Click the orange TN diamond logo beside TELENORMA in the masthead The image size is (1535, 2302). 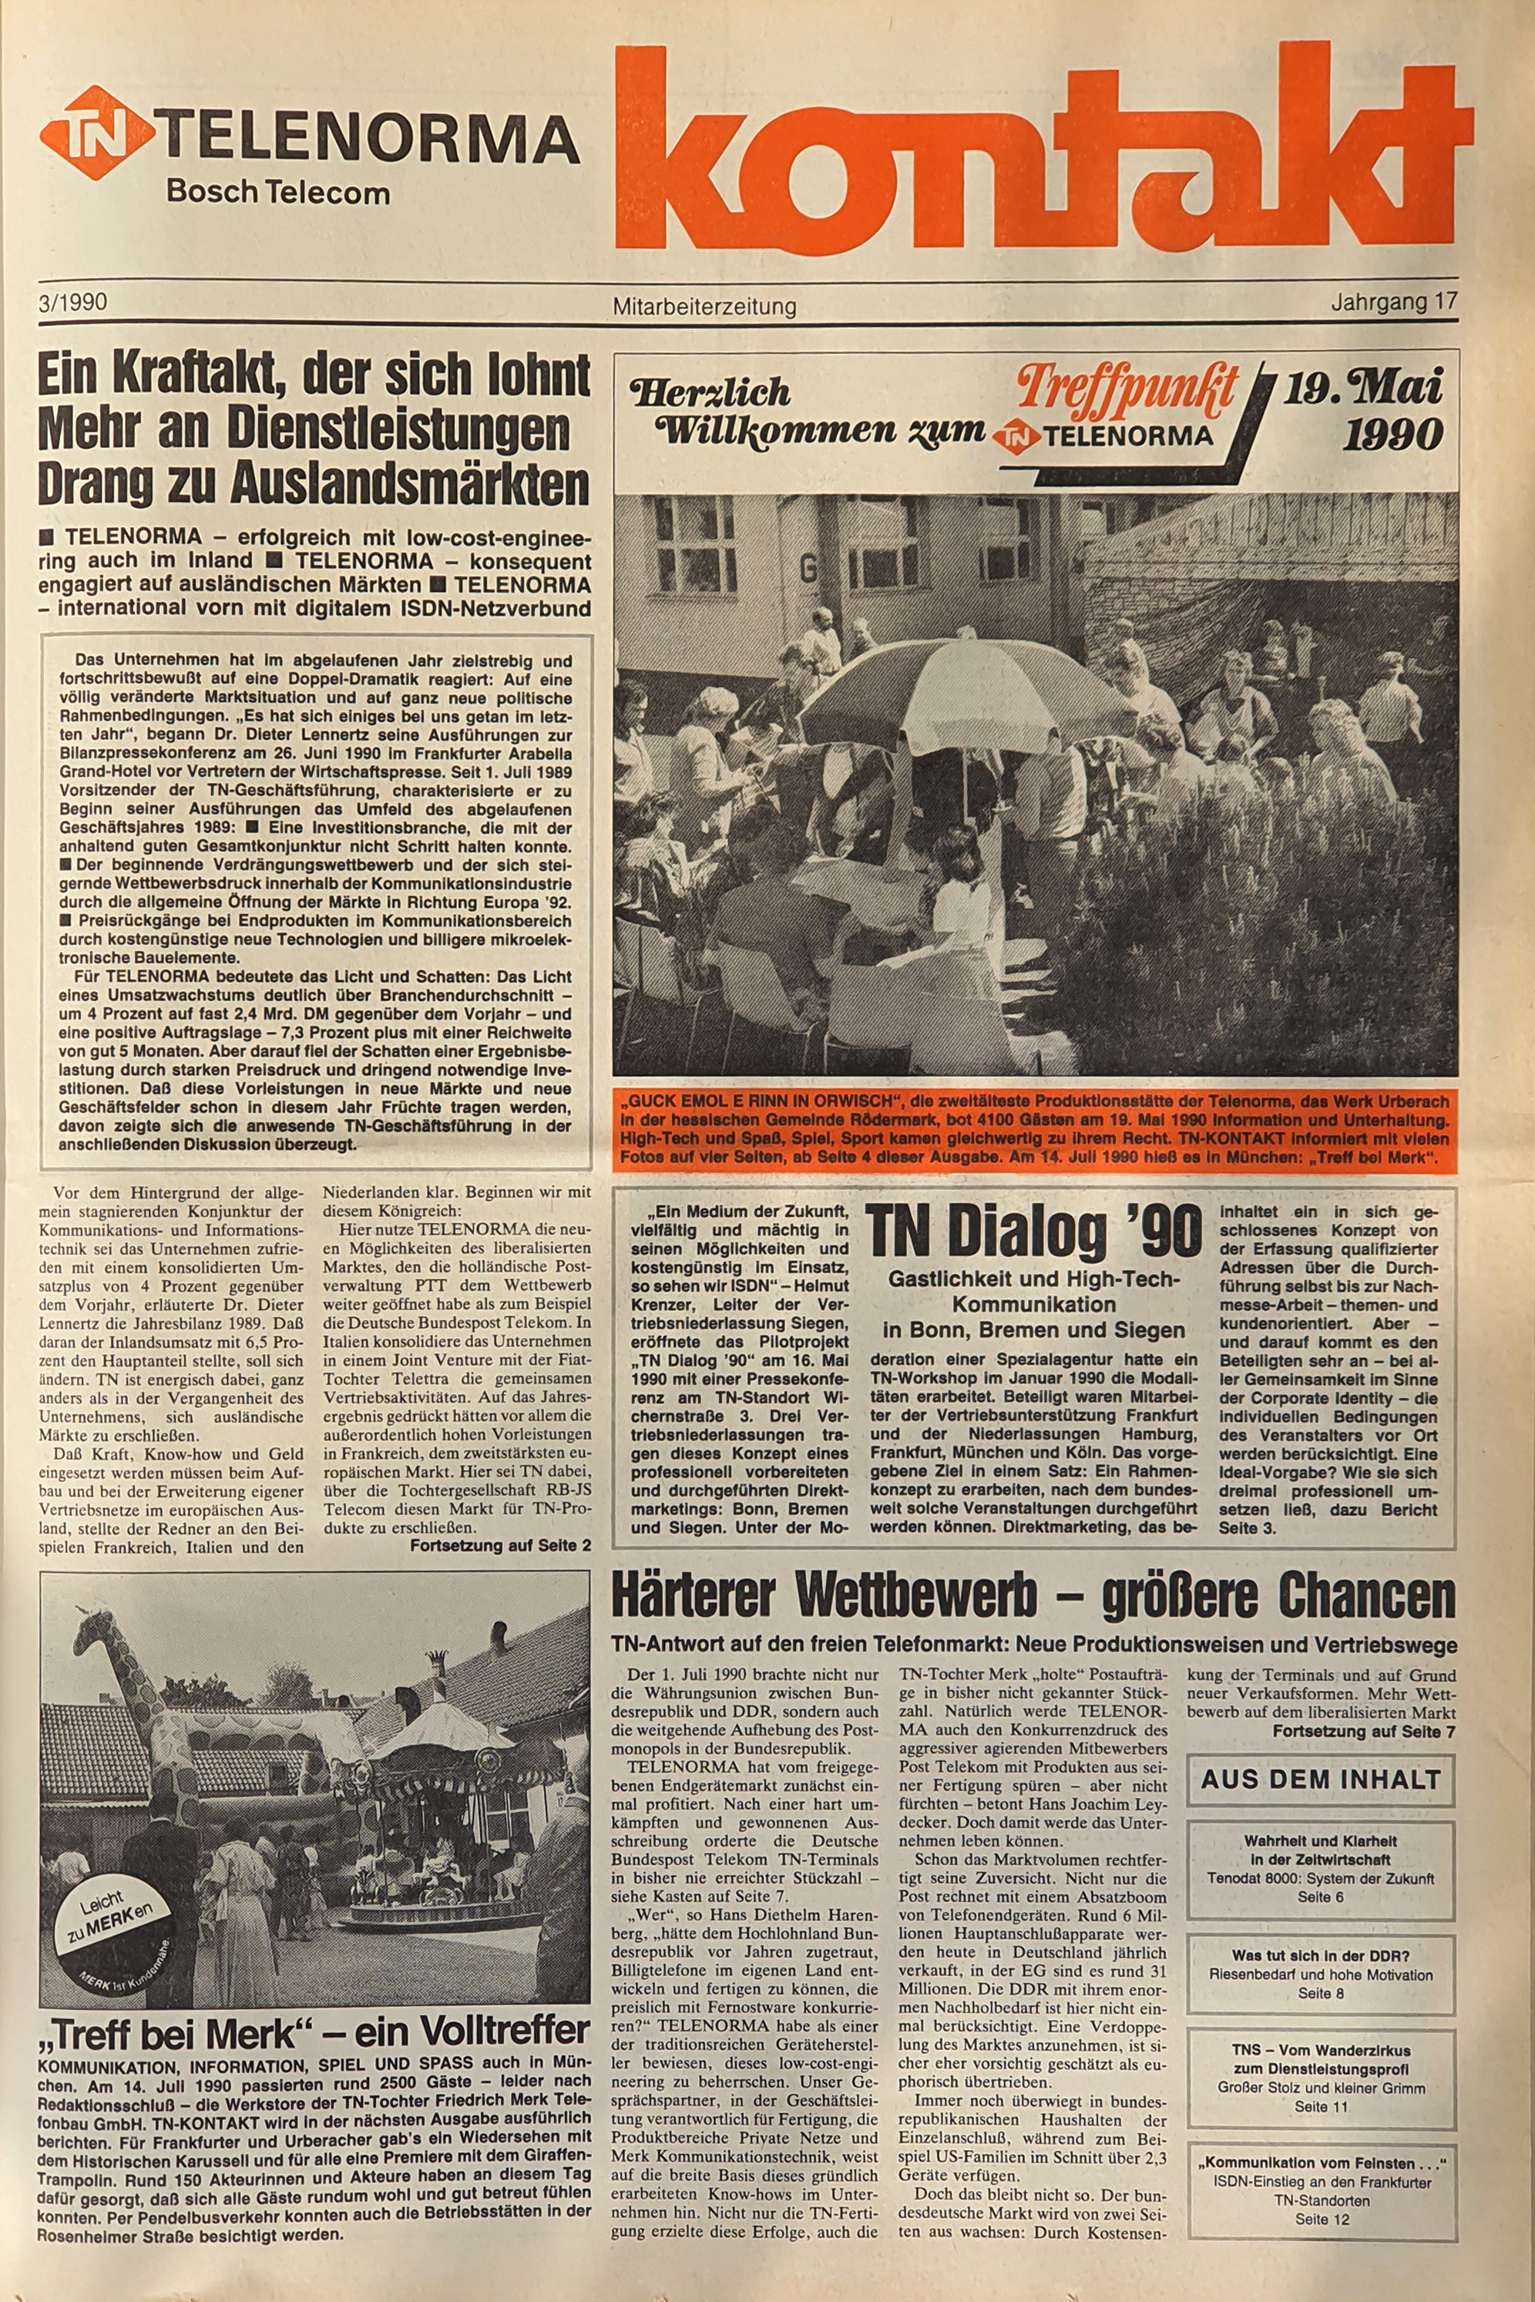(x=96, y=133)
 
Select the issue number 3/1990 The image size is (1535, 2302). (x=73, y=301)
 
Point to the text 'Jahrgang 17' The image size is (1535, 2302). (x=1393, y=303)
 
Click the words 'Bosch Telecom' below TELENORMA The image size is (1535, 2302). (x=277, y=192)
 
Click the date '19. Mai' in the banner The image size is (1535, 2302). (x=1362, y=388)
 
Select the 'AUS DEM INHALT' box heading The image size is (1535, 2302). (x=1321, y=1779)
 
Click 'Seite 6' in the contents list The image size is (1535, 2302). (x=1321, y=1897)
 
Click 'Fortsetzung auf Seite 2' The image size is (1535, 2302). (x=499, y=1546)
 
